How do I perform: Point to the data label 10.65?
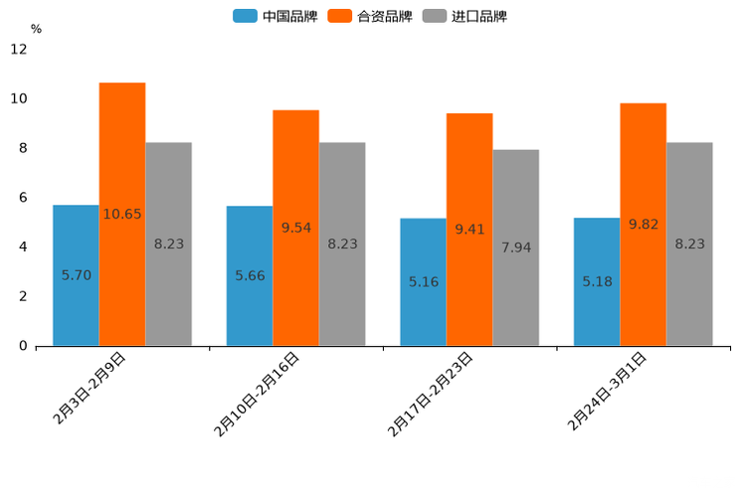(x=122, y=214)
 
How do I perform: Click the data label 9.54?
(x=295, y=228)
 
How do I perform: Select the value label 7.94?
(x=515, y=247)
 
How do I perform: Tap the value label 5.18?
(x=598, y=281)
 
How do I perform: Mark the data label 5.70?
(x=77, y=274)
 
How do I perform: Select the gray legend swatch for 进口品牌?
(x=434, y=16)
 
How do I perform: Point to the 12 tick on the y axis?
(x=19, y=50)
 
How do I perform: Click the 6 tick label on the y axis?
(x=23, y=198)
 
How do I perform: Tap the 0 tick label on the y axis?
(x=23, y=346)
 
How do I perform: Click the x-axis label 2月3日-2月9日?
(x=90, y=388)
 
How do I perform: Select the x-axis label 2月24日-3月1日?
(x=608, y=390)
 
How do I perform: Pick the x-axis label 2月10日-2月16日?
(x=257, y=394)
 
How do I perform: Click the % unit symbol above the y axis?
(x=36, y=29)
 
